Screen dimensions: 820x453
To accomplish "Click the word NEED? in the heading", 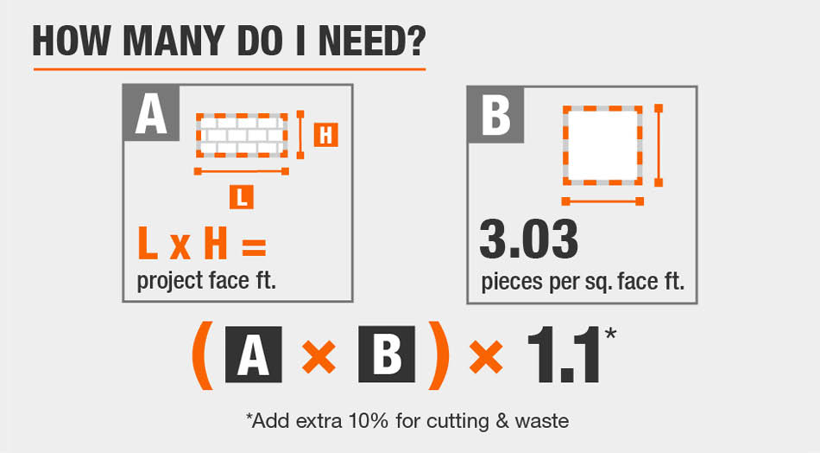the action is click(372, 41).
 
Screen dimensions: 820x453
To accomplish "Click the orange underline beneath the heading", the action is click(230, 68).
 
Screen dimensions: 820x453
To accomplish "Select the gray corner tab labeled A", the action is click(151, 113).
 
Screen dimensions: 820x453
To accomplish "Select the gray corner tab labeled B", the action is click(495, 115).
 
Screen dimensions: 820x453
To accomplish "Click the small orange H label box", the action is click(325, 135).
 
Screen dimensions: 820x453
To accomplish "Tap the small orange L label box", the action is click(241, 197).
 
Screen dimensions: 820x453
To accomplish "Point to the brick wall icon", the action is click(242, 135).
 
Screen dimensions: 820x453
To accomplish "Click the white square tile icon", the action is click(602, 145).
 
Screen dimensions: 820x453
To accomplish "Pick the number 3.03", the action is click(529, 239).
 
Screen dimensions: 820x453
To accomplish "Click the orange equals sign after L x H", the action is click(254, 246).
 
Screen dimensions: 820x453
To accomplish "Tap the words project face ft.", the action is click(206, 281).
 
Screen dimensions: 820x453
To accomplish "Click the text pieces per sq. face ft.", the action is click(583, 283).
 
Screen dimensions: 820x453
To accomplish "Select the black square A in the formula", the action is click(254, 354).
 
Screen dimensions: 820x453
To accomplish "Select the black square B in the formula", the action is click(387, 354).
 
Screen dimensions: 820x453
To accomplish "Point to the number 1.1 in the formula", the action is click(564, 355).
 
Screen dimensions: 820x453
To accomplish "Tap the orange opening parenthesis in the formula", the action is click(203, 355).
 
